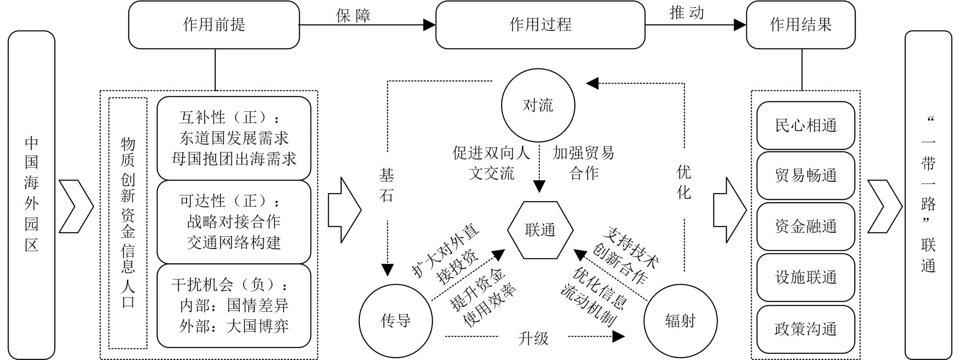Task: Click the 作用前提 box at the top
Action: pos(214,24)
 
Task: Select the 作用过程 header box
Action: pos(540,24)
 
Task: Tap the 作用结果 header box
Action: pos(801,24)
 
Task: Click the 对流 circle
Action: pos(538,105)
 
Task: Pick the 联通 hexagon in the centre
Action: pos(540,230)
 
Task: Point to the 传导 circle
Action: pos(395,321)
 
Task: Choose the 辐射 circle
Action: pos(680,321)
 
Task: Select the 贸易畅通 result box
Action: pos(805,175)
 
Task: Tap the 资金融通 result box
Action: pos(805,226)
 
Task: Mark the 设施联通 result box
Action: pos(805,277)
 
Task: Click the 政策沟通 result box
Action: pos(805,329)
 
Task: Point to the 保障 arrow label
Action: pos(353,16)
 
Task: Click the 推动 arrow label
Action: pos(687,13)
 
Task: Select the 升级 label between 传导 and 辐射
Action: pos(533,338)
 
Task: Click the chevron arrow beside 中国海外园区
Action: pos(76,206)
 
